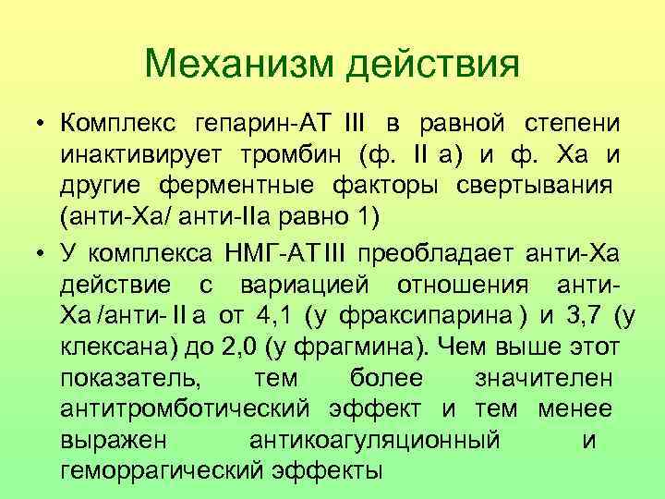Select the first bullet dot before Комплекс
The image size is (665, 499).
(x=42, y=125)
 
